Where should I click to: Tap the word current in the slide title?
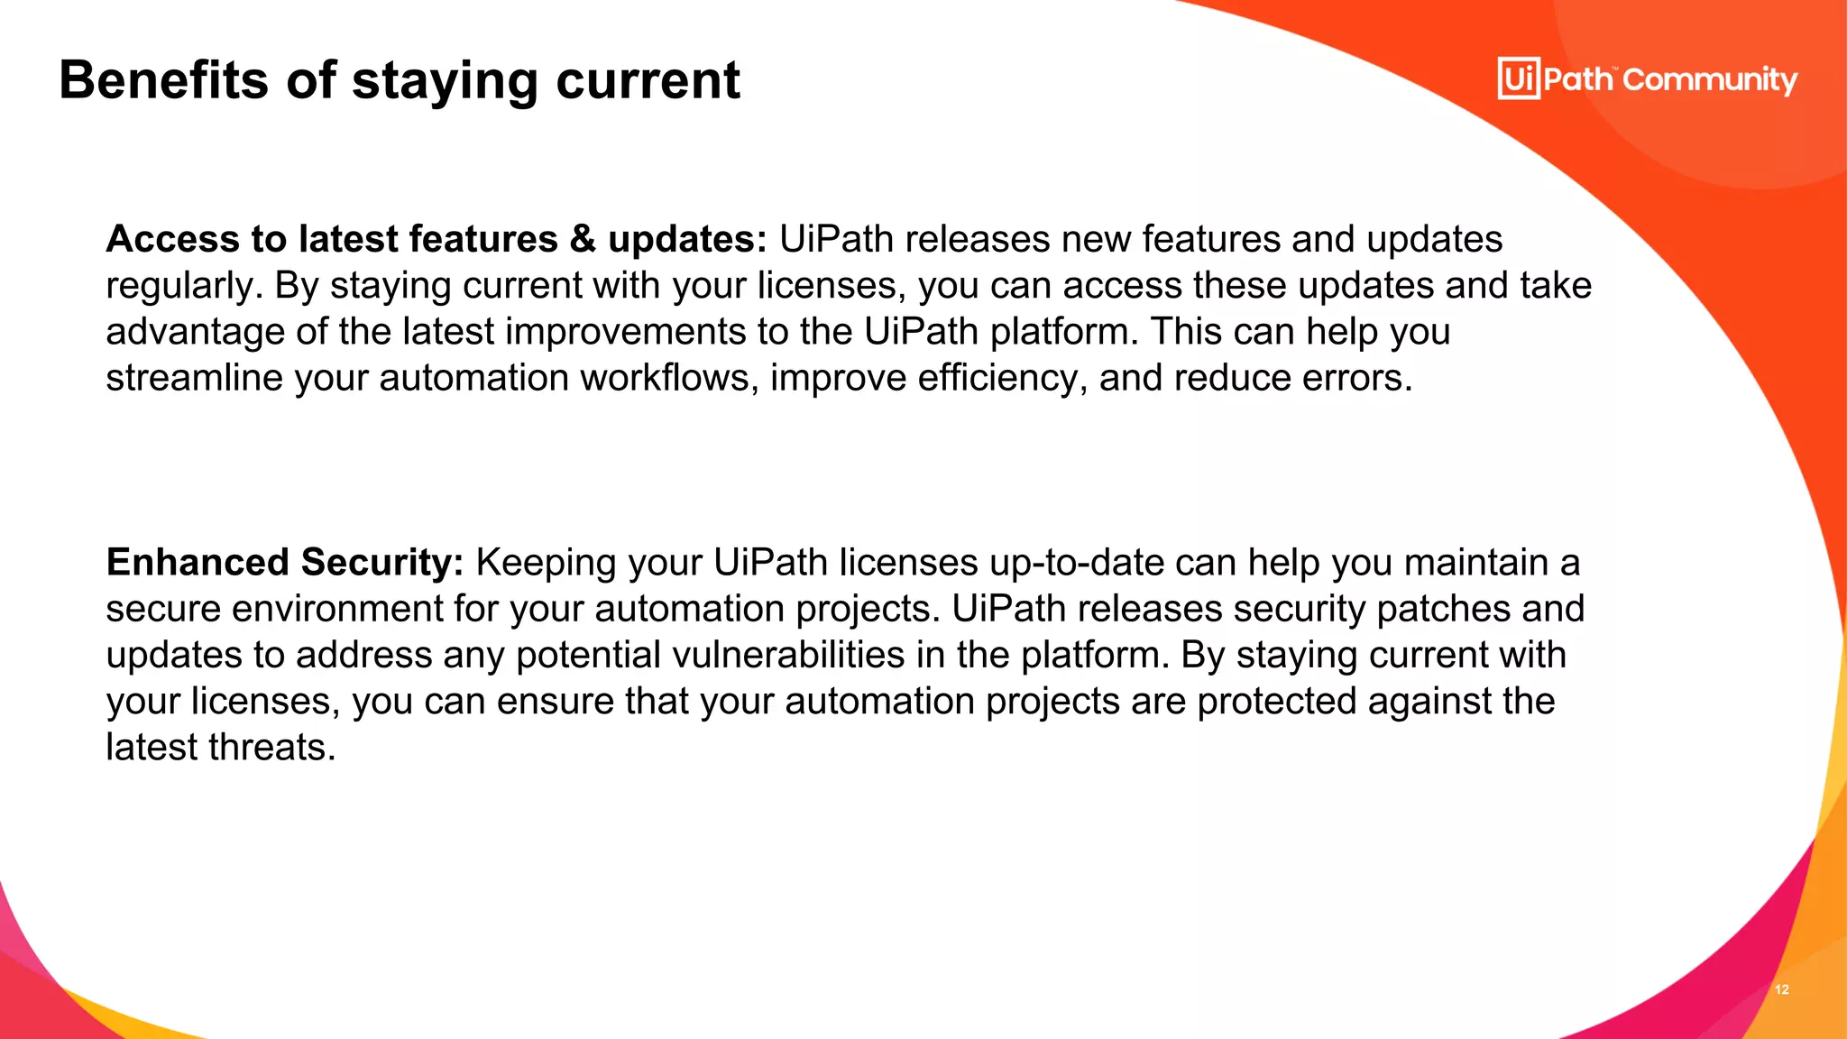pos(648,80)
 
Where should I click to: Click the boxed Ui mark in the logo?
pos(1519,78)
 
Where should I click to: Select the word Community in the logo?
pos(1710,80)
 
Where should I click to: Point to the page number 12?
pos(1782,989)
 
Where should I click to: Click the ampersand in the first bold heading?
pos(584,239)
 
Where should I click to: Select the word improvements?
pos(626,332)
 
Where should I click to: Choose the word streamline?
pos(194,378)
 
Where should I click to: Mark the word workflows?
pos(668,378)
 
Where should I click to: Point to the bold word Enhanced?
pos(198,563)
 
